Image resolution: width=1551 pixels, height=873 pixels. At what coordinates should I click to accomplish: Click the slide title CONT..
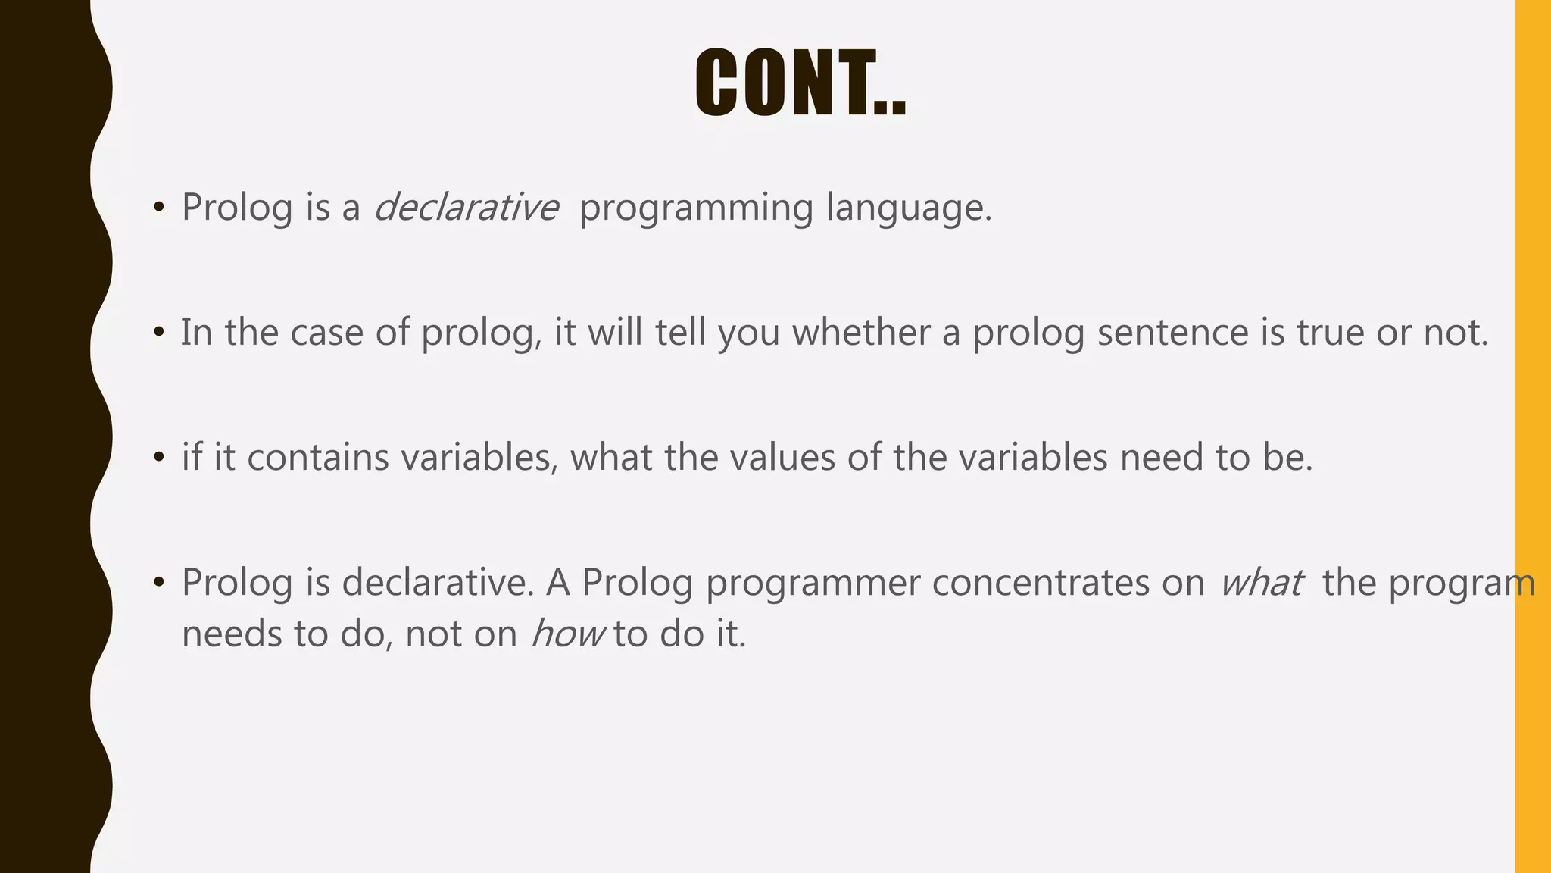(x=800, y=83)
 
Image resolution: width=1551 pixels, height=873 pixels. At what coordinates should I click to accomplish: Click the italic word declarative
(x=466, y=207)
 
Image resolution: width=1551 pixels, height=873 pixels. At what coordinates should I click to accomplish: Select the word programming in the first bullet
(x=695, y=208)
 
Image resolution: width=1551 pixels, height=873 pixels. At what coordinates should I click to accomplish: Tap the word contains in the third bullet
(x=317, y=457)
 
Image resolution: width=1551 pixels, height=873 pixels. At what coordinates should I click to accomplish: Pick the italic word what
(x=1261, y=582)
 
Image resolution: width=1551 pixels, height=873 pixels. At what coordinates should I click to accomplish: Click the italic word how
(x=567, y=634)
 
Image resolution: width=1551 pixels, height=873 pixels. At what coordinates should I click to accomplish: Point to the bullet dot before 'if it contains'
(x=158, y=458)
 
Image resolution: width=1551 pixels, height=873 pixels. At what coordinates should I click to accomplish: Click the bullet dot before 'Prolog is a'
(x=158, y=207)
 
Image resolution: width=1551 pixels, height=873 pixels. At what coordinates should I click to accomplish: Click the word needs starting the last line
(x=231, y=634)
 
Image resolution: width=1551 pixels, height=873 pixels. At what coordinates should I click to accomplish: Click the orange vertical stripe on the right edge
(x=1532, y=436)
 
